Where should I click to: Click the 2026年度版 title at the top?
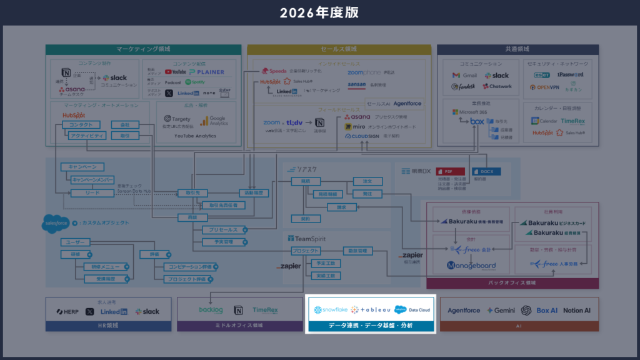point(319,12)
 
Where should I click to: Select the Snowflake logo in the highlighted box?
point(331,310)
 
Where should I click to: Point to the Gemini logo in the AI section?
point(501,311)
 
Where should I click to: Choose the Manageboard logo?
point(471,266)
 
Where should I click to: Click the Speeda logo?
point(274,71)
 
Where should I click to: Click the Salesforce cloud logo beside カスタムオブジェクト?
point(56,222)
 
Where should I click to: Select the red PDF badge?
point(450,171)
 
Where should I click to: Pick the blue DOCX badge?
point(486,171)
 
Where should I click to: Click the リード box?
point(93,193)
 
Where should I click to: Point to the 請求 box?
point(341,206)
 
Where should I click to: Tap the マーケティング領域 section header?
point(143,49)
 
